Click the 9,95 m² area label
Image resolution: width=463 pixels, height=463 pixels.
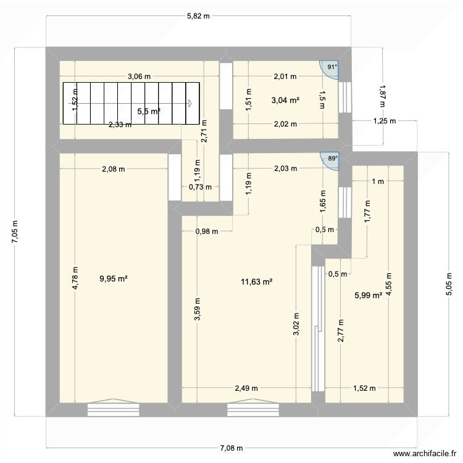[x=113, y=278]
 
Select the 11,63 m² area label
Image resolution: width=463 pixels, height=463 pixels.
[x=257, y=282]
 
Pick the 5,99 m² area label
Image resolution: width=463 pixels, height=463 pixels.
[x=368, y=295]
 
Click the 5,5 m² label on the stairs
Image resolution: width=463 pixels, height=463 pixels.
[x=149, y=111]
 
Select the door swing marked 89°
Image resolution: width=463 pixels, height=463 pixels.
[x=331, y=160]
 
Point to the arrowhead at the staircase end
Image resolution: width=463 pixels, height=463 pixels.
[x=192, y=103]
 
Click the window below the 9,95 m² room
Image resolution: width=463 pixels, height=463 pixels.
[x=113, y=409]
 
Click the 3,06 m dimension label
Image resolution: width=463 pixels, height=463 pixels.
[x=139, y=77]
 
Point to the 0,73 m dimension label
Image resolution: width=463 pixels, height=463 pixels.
[x=200, y=187]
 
